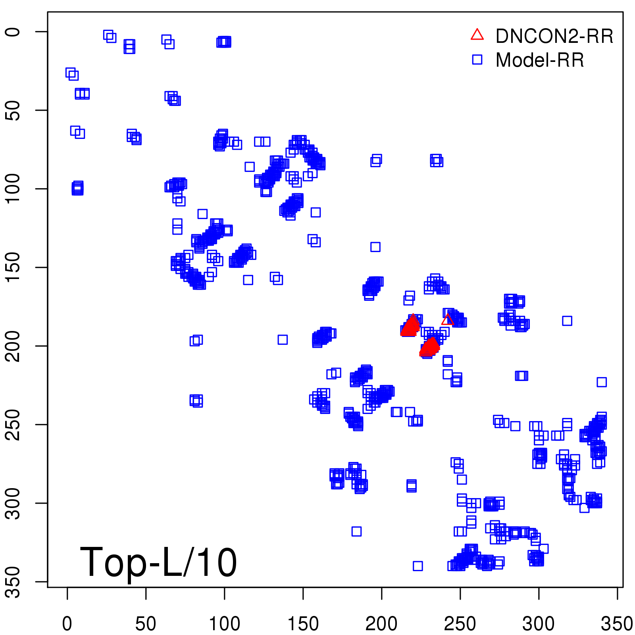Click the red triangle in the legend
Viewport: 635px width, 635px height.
(x=477, y=35)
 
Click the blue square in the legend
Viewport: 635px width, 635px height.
(x=477, y=60)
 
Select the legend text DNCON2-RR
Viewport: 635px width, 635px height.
(x=554, y=37)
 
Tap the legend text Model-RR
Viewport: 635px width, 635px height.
(x=540, y=60)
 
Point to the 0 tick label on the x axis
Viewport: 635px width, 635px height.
(x=67, y=624)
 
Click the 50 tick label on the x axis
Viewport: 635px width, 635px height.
(x=146, y=624)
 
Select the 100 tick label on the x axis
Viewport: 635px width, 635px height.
(x=224, y=624)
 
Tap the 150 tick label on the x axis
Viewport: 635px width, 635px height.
(x=303, y=624)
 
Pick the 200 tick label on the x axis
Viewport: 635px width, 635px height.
(x=381, y=624)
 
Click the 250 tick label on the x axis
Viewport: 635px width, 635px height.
(x=460, y=624)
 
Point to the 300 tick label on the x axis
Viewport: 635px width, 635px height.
(x=539, y=624)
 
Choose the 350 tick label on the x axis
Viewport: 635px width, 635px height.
(x=617, y=624)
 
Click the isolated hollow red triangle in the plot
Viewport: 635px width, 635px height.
(x=448, y=320)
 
